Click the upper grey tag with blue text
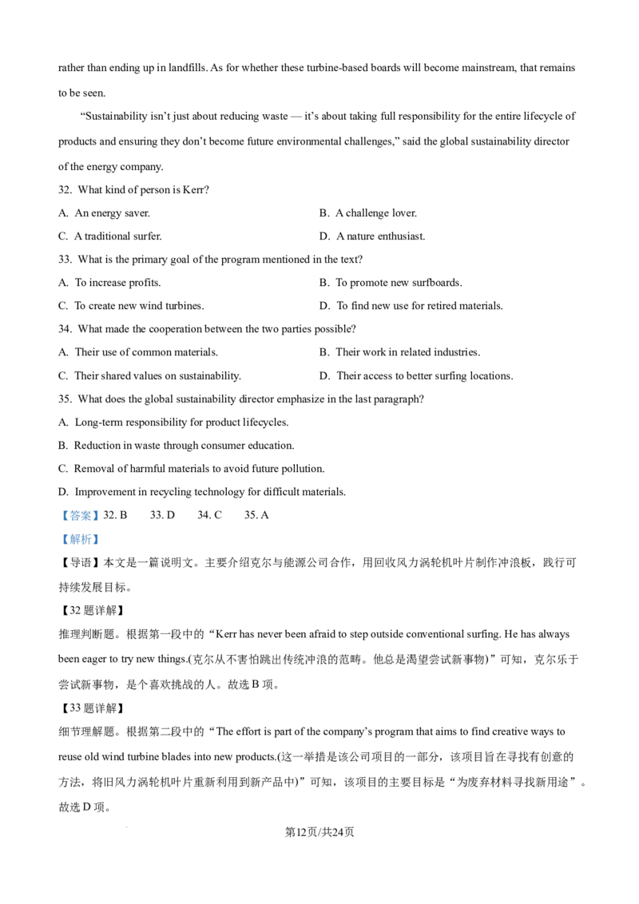pyautogui.click(x=80, y=515)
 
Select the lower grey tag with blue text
pyautogui.click(x=80, y=540)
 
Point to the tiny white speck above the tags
pyautogui.click(x=229, y=497)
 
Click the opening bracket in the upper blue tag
pyautogui.click(x=65, y=515)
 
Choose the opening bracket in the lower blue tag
pyautogui.click(x=65, y=540)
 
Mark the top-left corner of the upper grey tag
pyautogui.click(x=58, y=506)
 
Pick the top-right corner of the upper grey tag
pyautogui.click(x=101, y=506)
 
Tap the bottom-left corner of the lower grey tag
pyautogui.click(x=58, y=549)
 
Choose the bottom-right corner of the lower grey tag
pyautogui.click(x=101, y=549)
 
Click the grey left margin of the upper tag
pyautogui.click(x=60, y=515)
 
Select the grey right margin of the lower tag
pyautogui.click(x=101, y=540)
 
